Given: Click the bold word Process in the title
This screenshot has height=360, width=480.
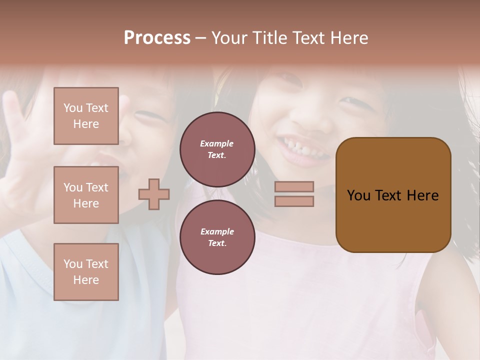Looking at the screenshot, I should pyautogui.click(x=157, y=38).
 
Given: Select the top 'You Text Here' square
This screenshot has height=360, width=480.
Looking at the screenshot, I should pyautogui.click(x=86, y=116).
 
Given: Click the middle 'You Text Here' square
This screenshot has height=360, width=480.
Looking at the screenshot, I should pyautogui.click(x=86, y=195).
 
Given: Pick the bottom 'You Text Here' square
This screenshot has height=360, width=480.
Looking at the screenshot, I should pyautogui.click(x=86, y=272).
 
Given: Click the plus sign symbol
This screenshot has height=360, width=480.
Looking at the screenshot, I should pyautogui.click(x=154, y=194).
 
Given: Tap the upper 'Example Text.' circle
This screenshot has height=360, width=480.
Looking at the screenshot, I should pyautogui.click(x=217, y=149).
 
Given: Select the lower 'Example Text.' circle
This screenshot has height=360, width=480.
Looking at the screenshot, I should pyautogui.click(x=217, y=237).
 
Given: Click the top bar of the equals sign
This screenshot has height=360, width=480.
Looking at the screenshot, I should pyautogui.click(x=294, y=186).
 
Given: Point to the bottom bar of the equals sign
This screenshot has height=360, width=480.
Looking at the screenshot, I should pyautogui.click(x=294, y=201).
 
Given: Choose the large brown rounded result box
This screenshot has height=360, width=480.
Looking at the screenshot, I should pyautogui.click(x=393, y=220).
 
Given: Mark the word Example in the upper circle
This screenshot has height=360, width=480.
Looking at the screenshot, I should pyautogui.click(x=216, y=143).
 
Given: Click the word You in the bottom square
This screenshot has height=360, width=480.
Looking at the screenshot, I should pyautogui.click(x=73, y=264).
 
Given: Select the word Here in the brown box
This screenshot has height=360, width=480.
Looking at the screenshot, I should pyautogui.click(x=423, y=195).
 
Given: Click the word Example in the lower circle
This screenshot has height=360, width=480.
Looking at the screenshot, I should pyautogui.click(x=217, y=231).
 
